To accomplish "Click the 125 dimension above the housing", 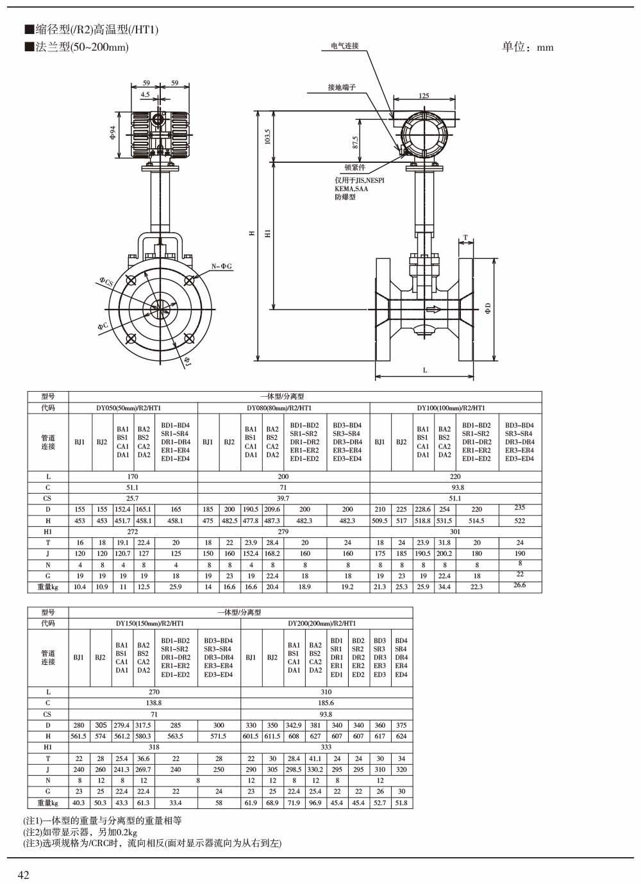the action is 424,96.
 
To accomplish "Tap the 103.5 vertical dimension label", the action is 267,137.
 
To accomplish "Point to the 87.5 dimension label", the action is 355,142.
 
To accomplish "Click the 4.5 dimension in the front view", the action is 146,94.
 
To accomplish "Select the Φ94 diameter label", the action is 113,133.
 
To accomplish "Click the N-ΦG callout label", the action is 221,267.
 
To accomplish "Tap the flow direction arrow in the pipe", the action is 433,309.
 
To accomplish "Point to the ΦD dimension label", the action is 488,308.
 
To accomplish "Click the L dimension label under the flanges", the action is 425,370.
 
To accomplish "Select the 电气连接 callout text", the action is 345,46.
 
